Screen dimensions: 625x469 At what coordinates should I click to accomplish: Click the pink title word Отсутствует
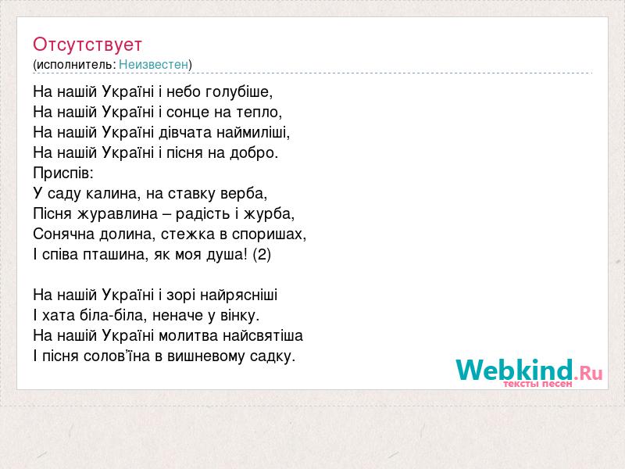pyautogui.click(x=87, y=45)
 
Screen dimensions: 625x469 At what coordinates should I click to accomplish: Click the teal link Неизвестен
pyautogui.click(x=153, y=65)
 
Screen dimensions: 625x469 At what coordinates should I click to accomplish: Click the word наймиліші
pyautogui.click(x=253, y=132)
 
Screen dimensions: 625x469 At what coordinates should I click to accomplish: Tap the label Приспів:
pyautogui.click(x=63, y=173)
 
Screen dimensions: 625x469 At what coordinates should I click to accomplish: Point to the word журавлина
pyautogui.click(x=117, y=214)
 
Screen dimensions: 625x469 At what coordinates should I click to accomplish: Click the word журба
pyautogui.click(x=269, y=213)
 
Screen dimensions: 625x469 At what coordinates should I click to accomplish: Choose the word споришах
pyautogui.click(x=269, y=234)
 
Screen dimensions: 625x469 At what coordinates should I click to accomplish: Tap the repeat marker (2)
pyautogui.click(x=262, y=255)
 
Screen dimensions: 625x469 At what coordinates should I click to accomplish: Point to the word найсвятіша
pyautogui.click(x=262, y=336)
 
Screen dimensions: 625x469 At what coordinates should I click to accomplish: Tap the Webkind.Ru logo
pyautogui.click(x=529, y=370)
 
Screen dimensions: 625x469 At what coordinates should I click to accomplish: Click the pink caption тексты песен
pyautogui.click(x=537, y=384)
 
